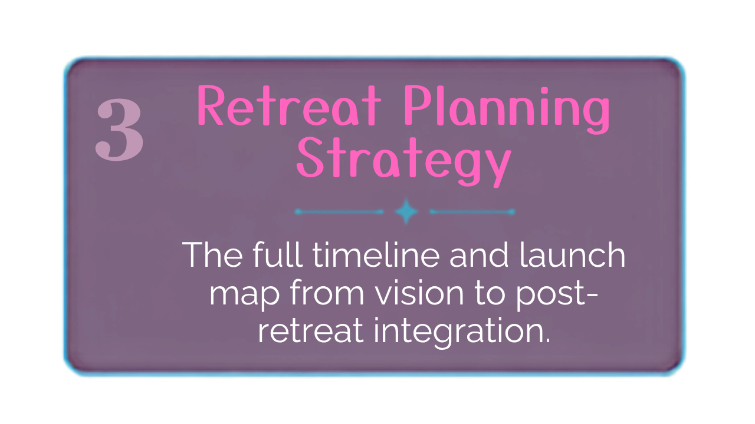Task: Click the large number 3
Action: click(119, 129)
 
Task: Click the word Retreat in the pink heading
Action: click(289, 105)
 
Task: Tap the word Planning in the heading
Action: click(507, 110)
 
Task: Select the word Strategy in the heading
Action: click(404, 161)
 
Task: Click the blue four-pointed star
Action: click(406, 211)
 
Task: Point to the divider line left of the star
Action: click(339, 211)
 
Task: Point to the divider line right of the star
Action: click(472, 211)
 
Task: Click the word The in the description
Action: click(213, 254)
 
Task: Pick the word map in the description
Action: click(245, 294)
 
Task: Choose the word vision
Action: click(419, 292)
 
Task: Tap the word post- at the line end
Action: click(557, 293)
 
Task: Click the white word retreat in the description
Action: click(311, 330)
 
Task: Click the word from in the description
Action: click(327, 291)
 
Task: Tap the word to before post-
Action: click(490, 293)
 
